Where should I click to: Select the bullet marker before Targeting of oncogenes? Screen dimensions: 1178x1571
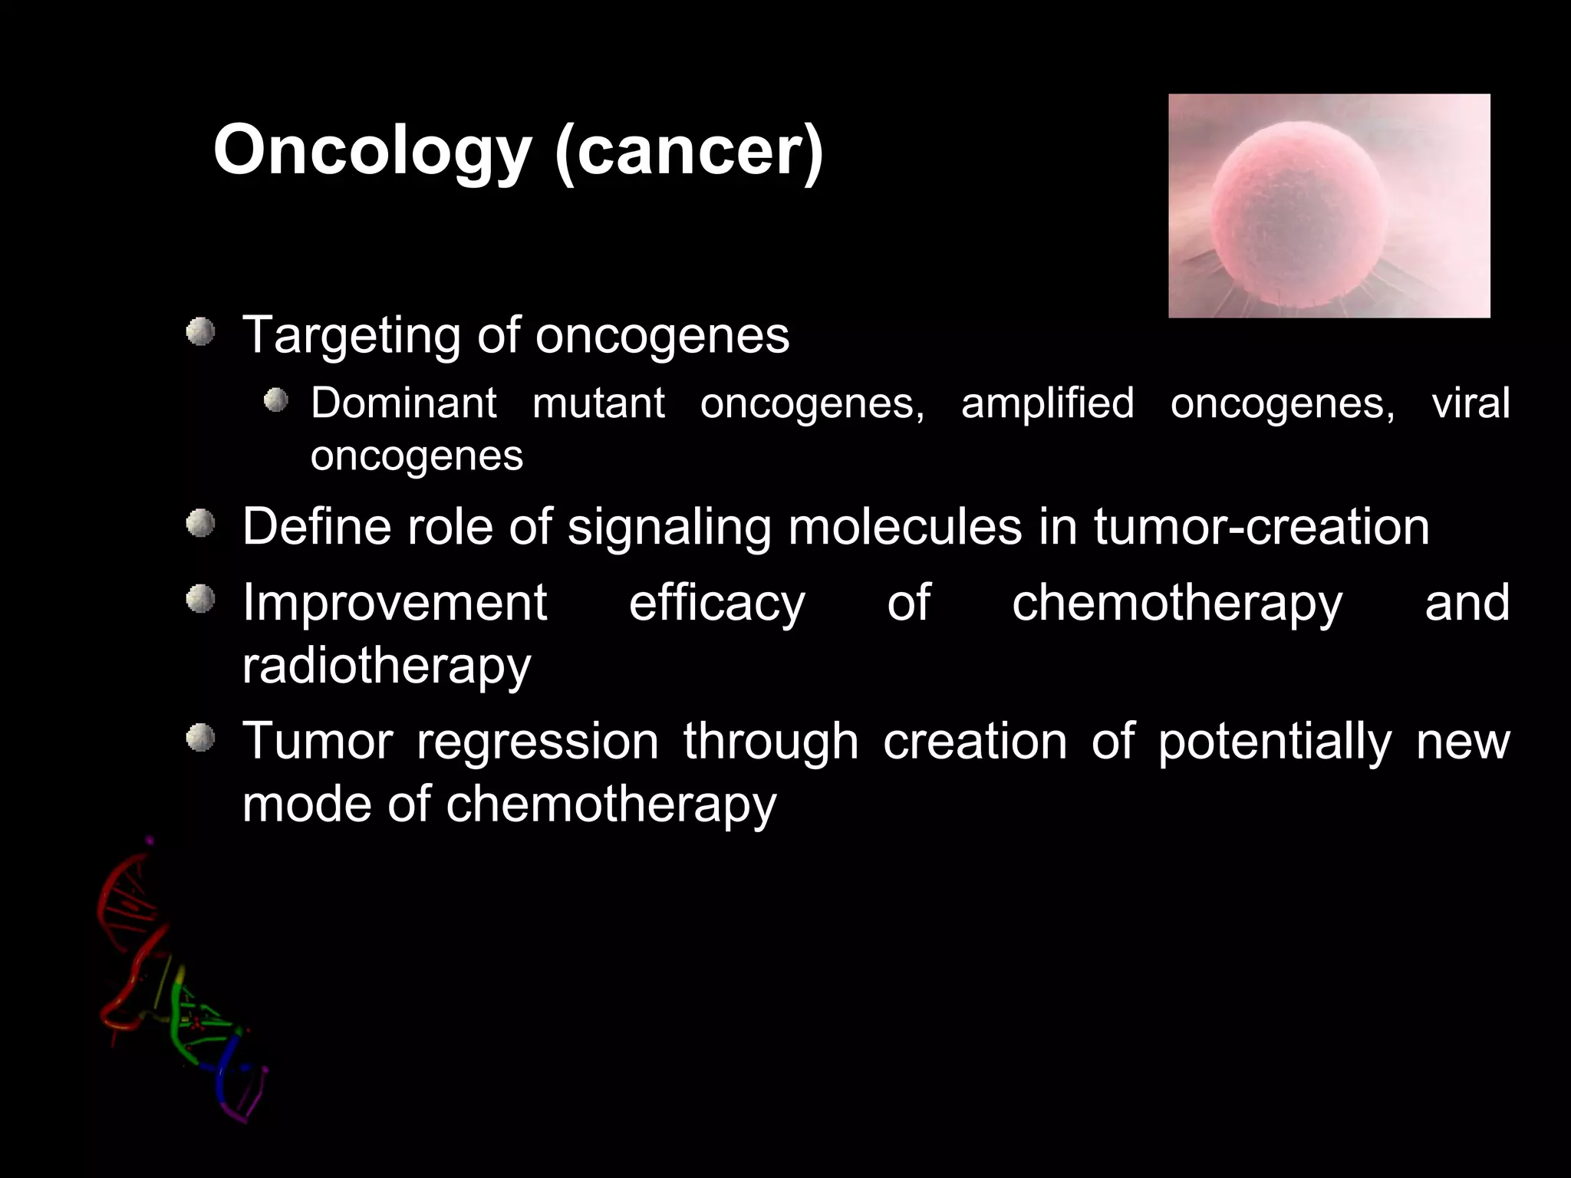click(x=201, y=332)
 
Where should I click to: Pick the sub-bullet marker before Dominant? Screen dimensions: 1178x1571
click(x=275, y=400)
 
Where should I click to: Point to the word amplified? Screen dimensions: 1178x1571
click(x=1047, y=404)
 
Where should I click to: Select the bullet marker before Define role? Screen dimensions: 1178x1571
click(x=201, y=524)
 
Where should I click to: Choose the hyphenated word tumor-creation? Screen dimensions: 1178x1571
click(x=1261, y=527)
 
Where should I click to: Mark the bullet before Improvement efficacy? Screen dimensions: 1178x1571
click(x=201, y=599)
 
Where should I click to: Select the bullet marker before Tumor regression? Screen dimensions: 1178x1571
click(x=201, y=738)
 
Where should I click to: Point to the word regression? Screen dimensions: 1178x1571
click(x=537, y=743)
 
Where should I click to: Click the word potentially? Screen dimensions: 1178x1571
click(x=1274, y=743)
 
